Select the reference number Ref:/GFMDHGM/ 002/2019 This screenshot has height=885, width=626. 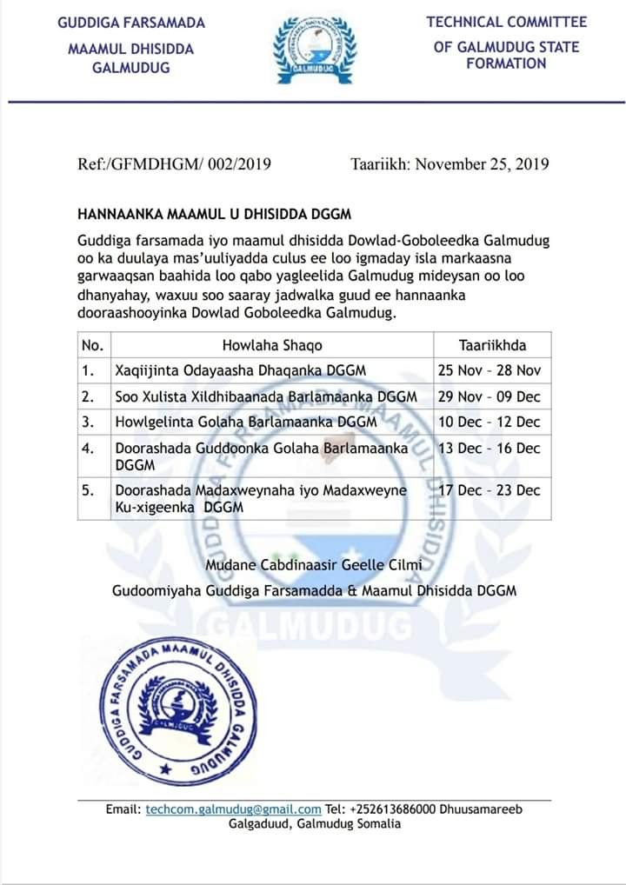pos(174,163)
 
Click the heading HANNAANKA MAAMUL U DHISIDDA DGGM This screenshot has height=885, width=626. pos(214,213)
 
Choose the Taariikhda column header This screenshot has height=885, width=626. pos(492,345)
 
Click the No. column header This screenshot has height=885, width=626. pos(91,345)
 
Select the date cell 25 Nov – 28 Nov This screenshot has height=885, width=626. pos(489,370)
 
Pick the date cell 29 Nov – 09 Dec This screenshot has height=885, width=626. pos(489,396)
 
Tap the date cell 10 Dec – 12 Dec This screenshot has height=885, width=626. pos(489,423)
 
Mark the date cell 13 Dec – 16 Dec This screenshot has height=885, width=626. pos(489,449)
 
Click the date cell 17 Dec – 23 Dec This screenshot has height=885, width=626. pos(489,490)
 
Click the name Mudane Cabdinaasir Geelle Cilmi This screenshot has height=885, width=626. pos(313,566)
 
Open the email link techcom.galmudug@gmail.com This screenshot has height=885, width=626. pos(233,809)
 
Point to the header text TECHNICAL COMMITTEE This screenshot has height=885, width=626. pos(507,22)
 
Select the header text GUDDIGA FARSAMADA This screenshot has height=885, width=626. pos(131,22)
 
